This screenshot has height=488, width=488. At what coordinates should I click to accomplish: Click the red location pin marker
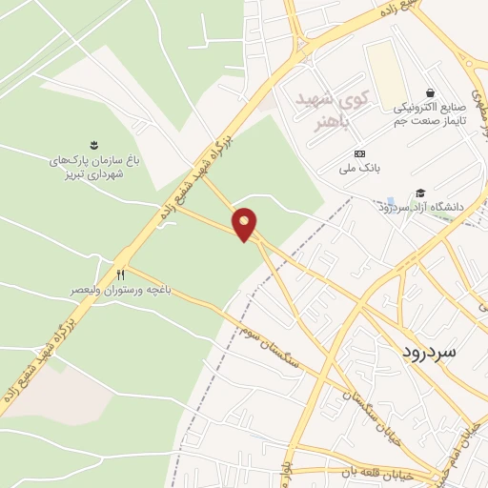[x=246, y=224]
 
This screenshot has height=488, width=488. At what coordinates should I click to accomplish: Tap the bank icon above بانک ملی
[x=359, y=153]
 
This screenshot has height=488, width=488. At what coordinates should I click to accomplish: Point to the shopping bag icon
[x=432, y=92]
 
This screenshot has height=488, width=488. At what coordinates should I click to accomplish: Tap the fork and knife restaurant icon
[x=120, y=274]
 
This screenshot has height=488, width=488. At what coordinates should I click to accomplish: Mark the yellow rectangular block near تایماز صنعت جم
[x=387, y=71]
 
